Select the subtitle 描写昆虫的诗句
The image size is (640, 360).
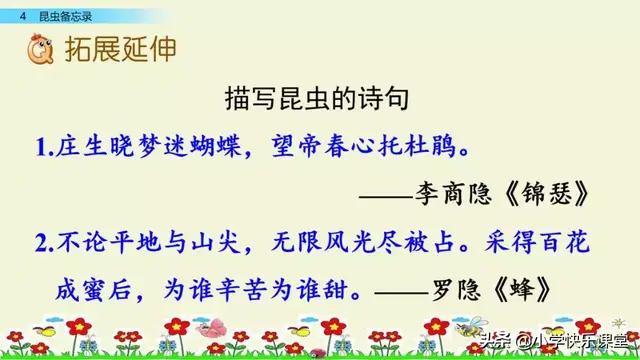(318, 102)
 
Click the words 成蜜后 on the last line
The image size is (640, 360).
(93, 290)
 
